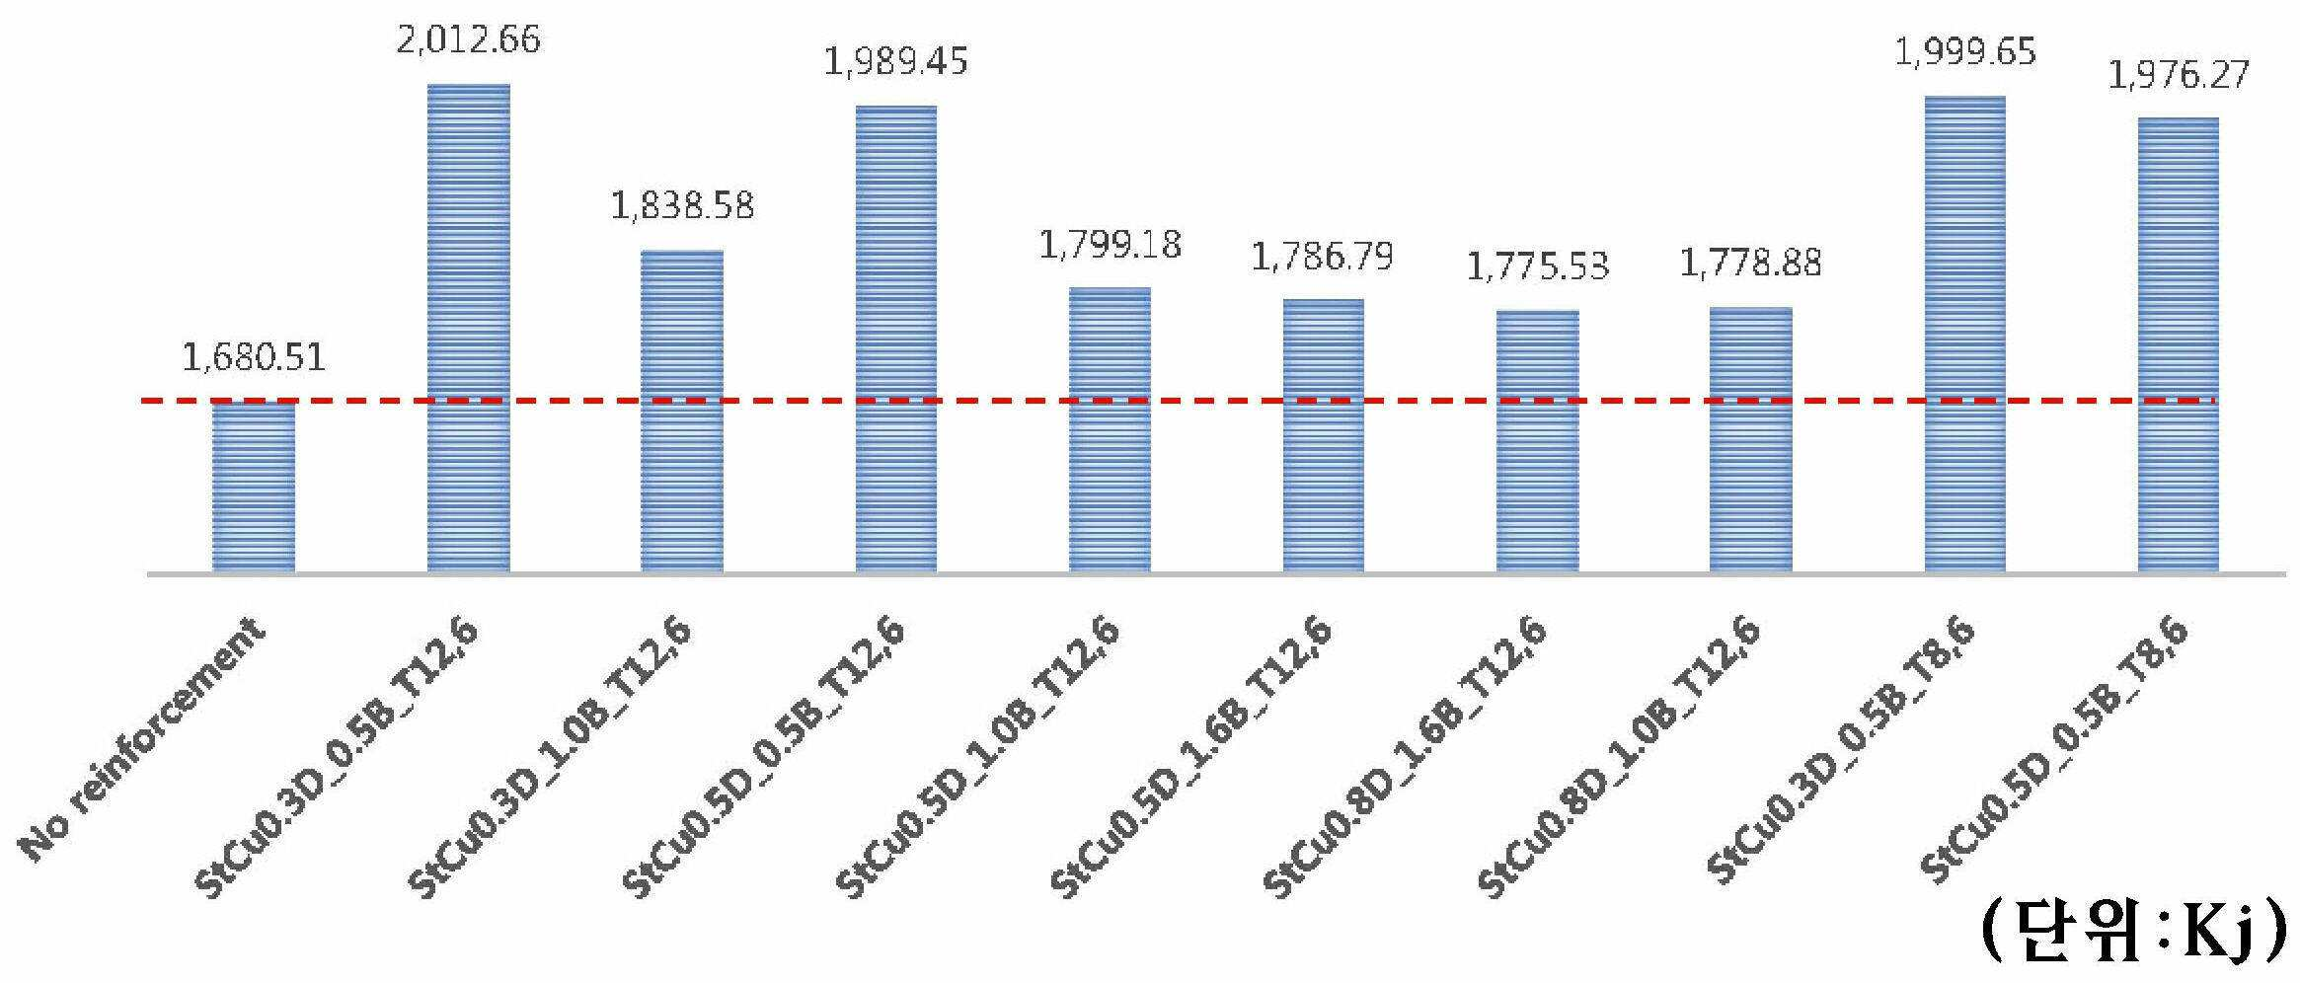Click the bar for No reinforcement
click(254, 487)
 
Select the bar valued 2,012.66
click(468, 329)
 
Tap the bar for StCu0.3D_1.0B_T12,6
click(682, 412)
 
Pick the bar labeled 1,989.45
click(896, 339)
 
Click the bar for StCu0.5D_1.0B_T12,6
click(1110, 430)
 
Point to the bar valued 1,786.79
click(1324, 436)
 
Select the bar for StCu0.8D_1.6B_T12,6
click(1538, 442)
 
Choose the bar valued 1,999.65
click(1965, 335)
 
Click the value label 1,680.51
click(254, 357)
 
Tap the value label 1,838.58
click(682, 205)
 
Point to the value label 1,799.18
click(1110, 244)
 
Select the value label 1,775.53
click(1538, 266)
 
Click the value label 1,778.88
click(1750, 263)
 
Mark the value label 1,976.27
click(2179, 75)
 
